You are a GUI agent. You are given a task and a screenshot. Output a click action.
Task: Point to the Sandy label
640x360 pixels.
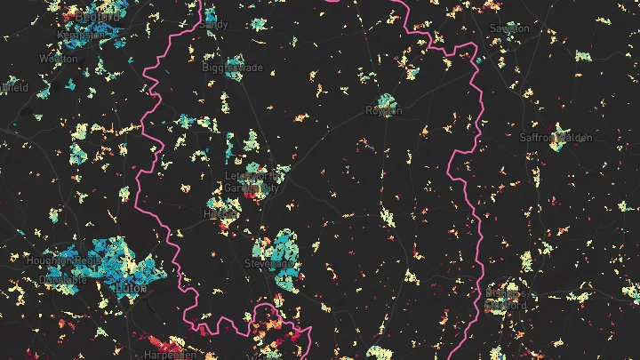coord(215,25)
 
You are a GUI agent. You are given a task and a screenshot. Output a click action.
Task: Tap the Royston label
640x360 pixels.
coord(384,111)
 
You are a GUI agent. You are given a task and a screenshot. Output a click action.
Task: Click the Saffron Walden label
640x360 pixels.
coord(555,137)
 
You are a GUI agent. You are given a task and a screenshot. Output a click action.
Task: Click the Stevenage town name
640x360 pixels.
coord(265,264)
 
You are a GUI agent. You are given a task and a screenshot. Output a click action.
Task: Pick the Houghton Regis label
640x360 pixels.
coord(72,261)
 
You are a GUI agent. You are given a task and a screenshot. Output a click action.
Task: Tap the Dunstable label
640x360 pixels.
coord(56,279)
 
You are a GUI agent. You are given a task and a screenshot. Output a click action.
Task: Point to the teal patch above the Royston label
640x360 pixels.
coord(386,100)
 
